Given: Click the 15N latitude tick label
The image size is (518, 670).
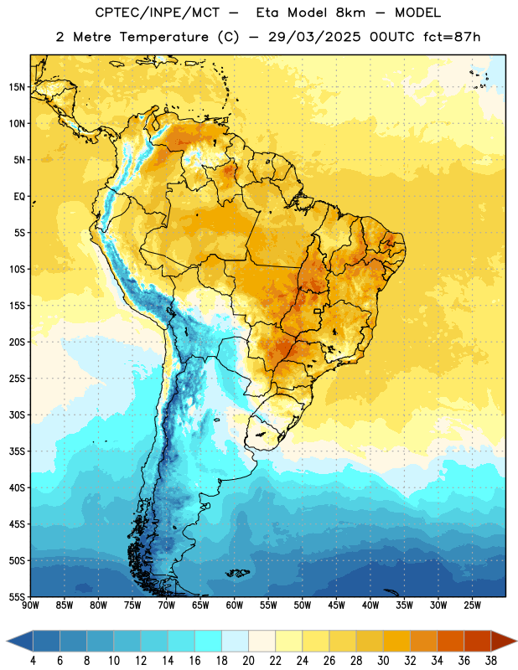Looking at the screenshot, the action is pos(17,87).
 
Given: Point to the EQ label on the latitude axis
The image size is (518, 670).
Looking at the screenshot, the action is pos(19,197).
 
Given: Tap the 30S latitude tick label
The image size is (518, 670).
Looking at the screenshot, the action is pos(17,415).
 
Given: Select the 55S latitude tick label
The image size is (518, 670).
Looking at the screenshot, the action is pos(17,596).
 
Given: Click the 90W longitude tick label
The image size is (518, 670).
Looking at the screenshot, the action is pos(30,605).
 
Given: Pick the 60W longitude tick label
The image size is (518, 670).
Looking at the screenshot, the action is pos(235,605).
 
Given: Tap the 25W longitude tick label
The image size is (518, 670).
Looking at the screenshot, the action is pos(472,605).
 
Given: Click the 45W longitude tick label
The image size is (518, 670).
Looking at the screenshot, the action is pos(336,605).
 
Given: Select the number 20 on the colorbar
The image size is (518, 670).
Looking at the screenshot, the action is pos(248,661).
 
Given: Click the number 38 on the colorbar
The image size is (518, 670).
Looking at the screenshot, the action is pos(491,661).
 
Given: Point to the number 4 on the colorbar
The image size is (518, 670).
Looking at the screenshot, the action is pos(34,661).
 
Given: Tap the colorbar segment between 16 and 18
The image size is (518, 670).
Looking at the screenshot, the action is pos(209,641).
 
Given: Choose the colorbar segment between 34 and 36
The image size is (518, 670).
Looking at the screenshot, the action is pos(451,641).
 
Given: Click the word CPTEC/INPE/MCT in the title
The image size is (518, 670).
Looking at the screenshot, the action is pos(158,13).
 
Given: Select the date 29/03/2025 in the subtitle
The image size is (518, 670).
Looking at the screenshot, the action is pos(314,37).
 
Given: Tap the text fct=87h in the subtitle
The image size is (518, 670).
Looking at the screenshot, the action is pos(452,37).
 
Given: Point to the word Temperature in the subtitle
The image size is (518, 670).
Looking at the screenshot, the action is pos(163,37).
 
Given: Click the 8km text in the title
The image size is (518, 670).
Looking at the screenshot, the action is pos(350,13).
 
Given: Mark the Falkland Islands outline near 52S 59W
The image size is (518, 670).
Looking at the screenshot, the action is pos(238,573).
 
